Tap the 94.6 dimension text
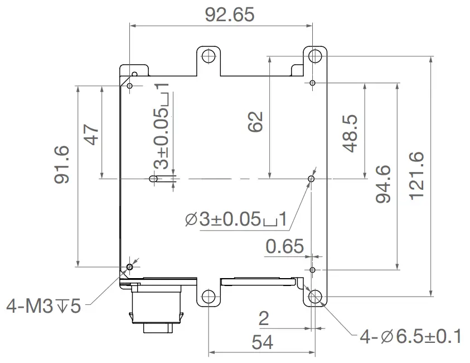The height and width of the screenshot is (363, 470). click(383, 184)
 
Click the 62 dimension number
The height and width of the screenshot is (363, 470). click(254, 122)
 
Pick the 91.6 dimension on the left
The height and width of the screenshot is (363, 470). click(62, 165)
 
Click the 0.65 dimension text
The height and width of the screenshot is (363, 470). click(285, 246)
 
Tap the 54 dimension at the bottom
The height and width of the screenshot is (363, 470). click(262, 342)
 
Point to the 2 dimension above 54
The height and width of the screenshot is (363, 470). click(264, 318)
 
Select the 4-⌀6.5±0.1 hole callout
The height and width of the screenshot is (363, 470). click(410, 337)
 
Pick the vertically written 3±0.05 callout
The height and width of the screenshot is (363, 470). click(162, 126)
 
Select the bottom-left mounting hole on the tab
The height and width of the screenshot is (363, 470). click(209, 297)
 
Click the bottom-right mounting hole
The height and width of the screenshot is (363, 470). click(316, 297)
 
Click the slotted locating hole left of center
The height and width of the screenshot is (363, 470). click(153, 179)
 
